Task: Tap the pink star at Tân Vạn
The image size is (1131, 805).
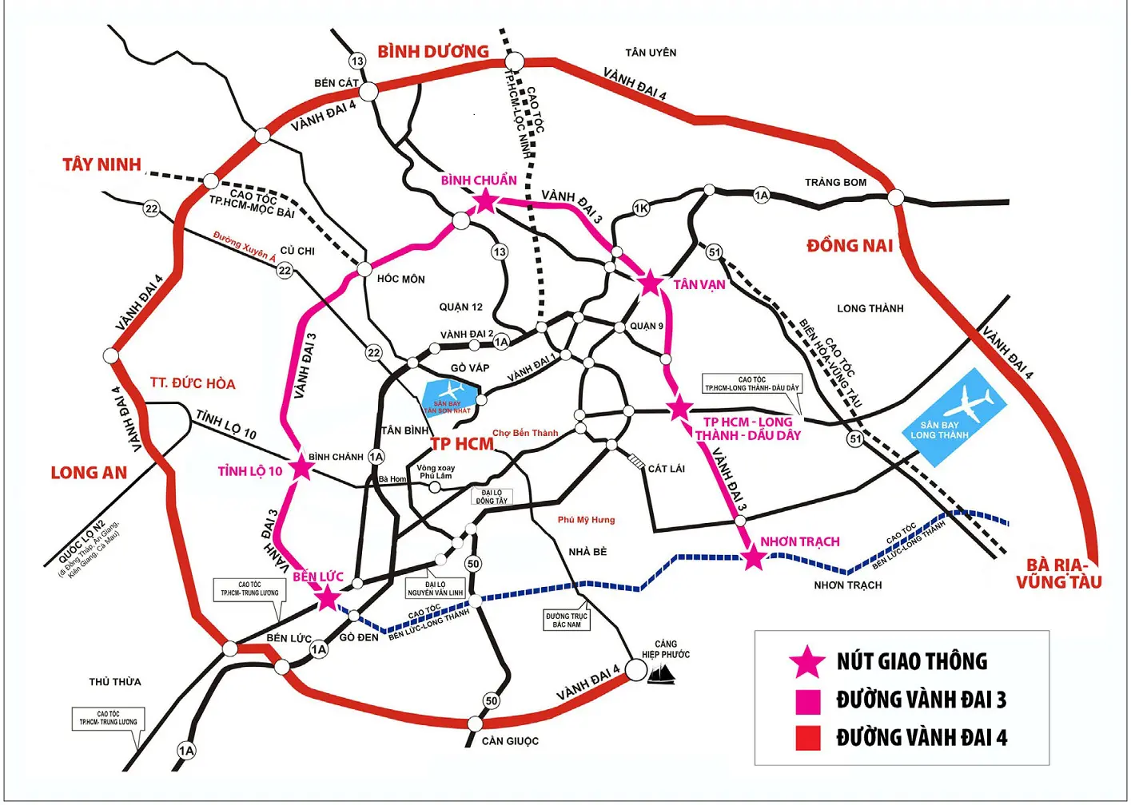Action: coord(651,282)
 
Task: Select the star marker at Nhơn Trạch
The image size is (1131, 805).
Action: coord(753,557)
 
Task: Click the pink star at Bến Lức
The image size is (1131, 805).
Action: coord(328,597)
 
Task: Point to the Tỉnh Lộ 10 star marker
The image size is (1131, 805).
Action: coord(301,467)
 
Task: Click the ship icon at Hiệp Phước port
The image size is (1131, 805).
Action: coord(661,675)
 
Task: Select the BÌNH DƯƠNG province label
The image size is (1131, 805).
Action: coord(432,51)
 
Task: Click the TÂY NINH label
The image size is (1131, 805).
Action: coord(102,165)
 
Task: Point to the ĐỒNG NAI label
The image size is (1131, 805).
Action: coord(849,245)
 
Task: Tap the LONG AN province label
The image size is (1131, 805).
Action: coord(89,473)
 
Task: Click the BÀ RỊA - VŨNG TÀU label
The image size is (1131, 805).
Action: coord(1058,573)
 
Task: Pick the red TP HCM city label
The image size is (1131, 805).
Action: coord(462,444)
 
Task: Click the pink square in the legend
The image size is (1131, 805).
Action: coord(807,701)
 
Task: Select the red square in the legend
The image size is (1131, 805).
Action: coord(807,738)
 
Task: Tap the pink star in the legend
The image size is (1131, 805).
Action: coord(806,662)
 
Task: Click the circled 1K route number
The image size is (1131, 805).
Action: coord(641,208)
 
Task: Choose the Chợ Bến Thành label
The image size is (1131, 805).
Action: coord(525,433)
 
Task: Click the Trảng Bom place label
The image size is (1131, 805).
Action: coord(835,182)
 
